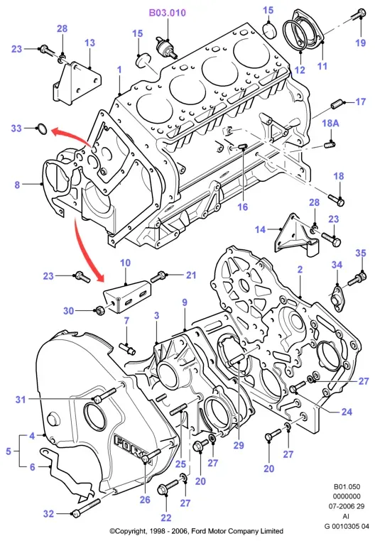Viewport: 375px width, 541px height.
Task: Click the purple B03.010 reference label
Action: pyautogui.click(x=167, y=13)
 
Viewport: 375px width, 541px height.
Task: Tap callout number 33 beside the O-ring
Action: pyautogui.click(x=16, y=129)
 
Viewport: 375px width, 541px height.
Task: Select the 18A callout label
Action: pyautogui.click(x=330, y=123)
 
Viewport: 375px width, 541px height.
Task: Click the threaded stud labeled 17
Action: pyautogui.click(x=337, y=104)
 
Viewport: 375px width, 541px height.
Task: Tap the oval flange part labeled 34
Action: pyautogui.click(x=336, y=296)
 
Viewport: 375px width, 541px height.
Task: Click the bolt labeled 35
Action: pyautogui.click(x=357, y=278)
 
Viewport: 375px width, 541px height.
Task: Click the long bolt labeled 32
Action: pyautogui.click(x=86, y=507)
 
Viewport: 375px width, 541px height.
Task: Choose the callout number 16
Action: pyautogui.click(x=242, y=207)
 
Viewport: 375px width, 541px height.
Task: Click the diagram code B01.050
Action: pyautogui.click(x=347, y=486)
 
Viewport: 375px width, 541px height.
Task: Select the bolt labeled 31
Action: pyautogui.click(x=104, y=395)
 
